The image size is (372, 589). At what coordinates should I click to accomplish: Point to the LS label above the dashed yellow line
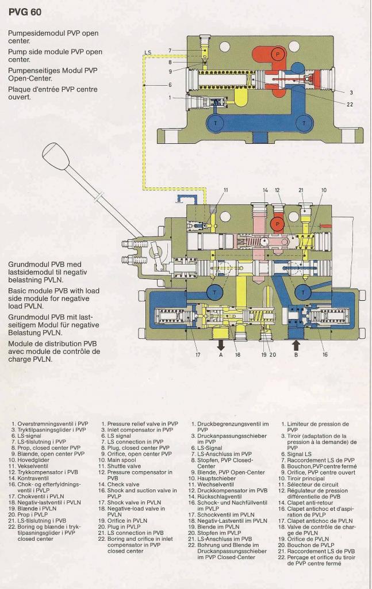click(x=148, y=52)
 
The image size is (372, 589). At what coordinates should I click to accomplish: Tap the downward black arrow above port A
click(x=221, y=345)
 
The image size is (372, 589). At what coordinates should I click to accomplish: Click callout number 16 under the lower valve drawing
click(x=325, y=354)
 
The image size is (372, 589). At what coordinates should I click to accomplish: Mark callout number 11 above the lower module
click(x=225, y=190)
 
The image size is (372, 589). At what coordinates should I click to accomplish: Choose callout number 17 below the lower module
click(x=197, y=354)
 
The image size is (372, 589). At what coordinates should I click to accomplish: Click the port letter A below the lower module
click(x=221, y=355)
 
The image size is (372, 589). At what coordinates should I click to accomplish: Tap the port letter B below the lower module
click(x=297, y=355)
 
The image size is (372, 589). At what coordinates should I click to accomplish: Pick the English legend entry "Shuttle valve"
click(x=124, y=466)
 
